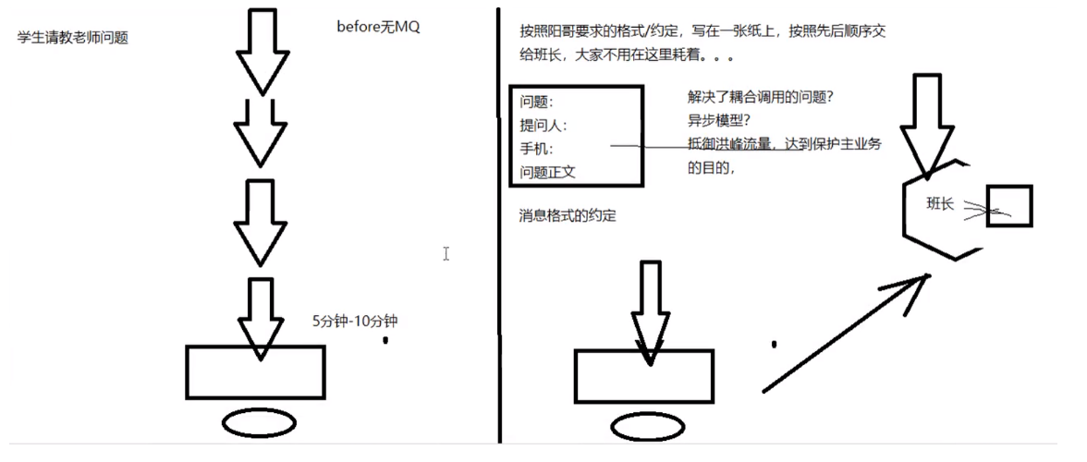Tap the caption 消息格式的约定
pos(568,216)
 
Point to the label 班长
pos(940,204)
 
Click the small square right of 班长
pos(1009,206)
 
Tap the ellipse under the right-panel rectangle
pos(646,425)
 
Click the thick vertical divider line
pos(499,231)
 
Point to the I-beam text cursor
pos(446,253)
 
